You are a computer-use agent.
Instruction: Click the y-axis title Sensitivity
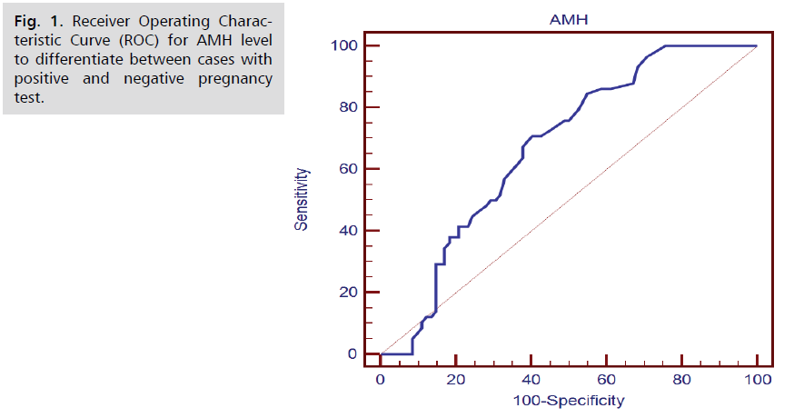click(x=302, y=200)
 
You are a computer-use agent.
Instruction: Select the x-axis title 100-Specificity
click(x=568, y=399)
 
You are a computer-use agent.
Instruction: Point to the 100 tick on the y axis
click(x=342, y=45)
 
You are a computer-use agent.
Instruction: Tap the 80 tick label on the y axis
click(x=346, y=107)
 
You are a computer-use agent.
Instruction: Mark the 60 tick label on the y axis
click(x=346, y=169)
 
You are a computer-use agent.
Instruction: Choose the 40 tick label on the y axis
click(x=346, y=231)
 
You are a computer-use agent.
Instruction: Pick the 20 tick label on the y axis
click(x=346, y=292)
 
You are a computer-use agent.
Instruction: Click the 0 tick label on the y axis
click(x=352, y=353)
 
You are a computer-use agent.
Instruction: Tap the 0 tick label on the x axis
click(x=381, y=377)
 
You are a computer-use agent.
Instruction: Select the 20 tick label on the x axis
click(x=456, y=377)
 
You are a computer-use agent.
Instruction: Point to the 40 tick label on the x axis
click(x=531, y=377)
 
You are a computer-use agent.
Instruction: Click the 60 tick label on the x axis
click(x=607, y=377)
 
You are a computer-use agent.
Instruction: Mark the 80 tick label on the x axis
click(x=682, y=377)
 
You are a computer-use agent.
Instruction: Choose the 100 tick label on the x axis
click(x=757, y=377)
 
